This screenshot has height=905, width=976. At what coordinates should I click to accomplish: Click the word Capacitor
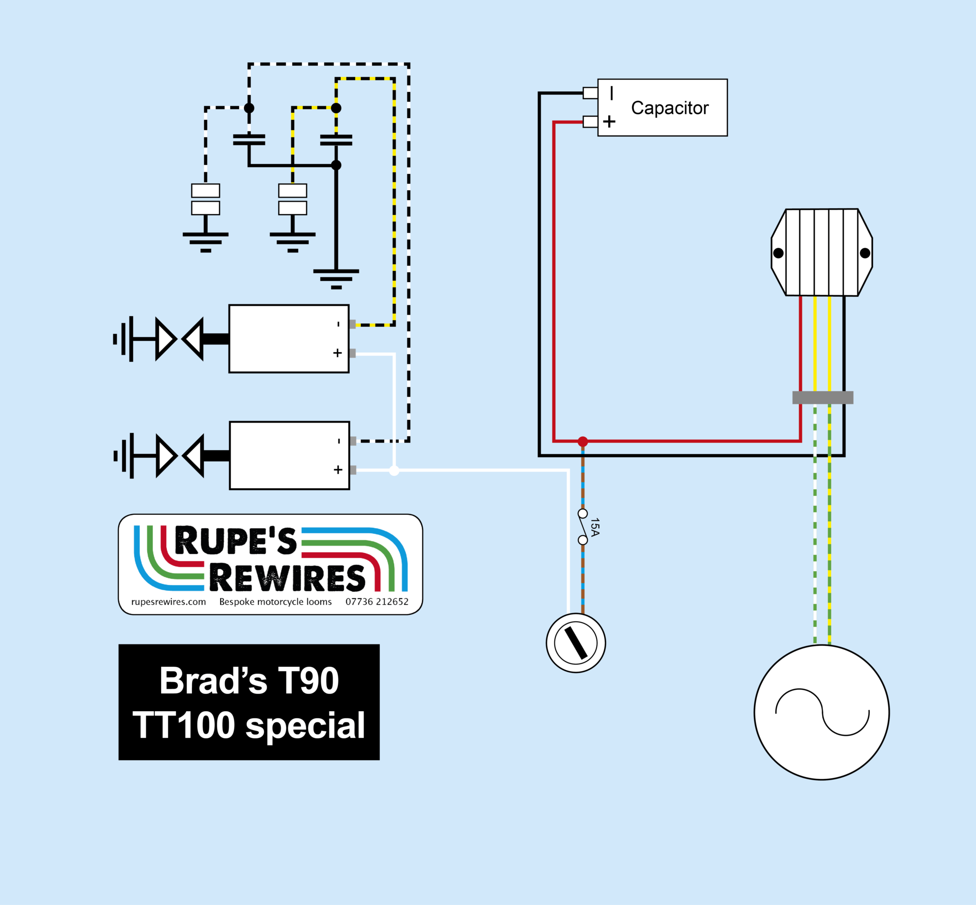pos(669,108)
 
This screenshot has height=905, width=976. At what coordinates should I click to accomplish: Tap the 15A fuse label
pos(595,527)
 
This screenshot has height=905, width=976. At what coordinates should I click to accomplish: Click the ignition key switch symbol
pos(576,643)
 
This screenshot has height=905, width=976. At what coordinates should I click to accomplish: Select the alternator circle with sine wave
pos(822,712)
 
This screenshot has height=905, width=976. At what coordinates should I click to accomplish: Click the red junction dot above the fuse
pos(582,442)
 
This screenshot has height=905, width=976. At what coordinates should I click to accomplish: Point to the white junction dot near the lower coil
pos(394,471)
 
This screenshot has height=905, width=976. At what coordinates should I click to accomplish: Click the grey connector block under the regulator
pos(823,398)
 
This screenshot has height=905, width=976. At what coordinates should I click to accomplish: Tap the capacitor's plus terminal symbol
pos(609,121)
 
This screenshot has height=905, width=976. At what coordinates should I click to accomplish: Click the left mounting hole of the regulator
pos(778,253)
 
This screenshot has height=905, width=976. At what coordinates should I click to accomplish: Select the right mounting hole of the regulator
pos(865,253)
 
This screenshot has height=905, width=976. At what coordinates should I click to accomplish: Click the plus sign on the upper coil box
pos(337,353)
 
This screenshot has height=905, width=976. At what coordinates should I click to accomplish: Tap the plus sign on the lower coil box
pos(337,470)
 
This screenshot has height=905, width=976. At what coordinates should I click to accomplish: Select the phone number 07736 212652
pos(377,602)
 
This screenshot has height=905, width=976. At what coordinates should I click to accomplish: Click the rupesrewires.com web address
pos(169,602)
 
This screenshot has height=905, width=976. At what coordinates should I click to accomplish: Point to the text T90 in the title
pos(308,681)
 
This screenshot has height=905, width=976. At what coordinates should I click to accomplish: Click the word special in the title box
pos(305,725)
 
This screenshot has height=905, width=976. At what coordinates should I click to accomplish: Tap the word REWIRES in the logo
pos(287,578)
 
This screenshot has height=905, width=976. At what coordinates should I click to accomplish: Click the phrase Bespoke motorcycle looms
pos(275,602)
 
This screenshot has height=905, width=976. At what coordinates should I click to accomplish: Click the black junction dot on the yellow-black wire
pos(336,108)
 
